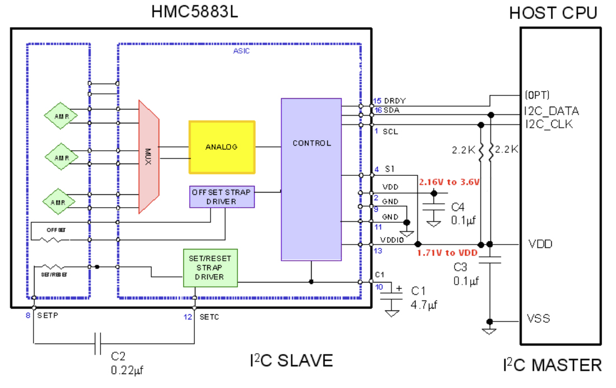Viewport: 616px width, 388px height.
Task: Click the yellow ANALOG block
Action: [222, 147]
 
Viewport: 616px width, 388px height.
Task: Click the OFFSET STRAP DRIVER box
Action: [221, 197]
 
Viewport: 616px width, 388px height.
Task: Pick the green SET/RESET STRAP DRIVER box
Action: [210, 267]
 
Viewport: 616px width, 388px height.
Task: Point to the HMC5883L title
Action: [194, 12]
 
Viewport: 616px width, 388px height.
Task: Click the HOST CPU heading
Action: [553, 13]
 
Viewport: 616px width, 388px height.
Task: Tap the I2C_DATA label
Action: [551, 111]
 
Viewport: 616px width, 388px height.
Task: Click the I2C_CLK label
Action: [548, 124]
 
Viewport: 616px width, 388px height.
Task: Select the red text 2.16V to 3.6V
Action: [450, 182]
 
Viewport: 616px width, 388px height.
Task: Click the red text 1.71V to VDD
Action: [447, 253]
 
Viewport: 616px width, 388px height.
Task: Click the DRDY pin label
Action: [394, 101]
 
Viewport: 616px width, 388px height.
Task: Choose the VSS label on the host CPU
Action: [538, 318]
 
